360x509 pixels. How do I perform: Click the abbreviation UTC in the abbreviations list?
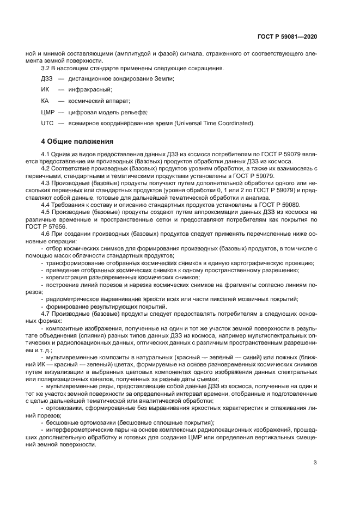47,124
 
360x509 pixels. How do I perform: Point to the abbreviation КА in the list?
46,101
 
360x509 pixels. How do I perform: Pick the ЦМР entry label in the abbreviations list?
48,113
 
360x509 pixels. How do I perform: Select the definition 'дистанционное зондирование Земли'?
121,79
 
